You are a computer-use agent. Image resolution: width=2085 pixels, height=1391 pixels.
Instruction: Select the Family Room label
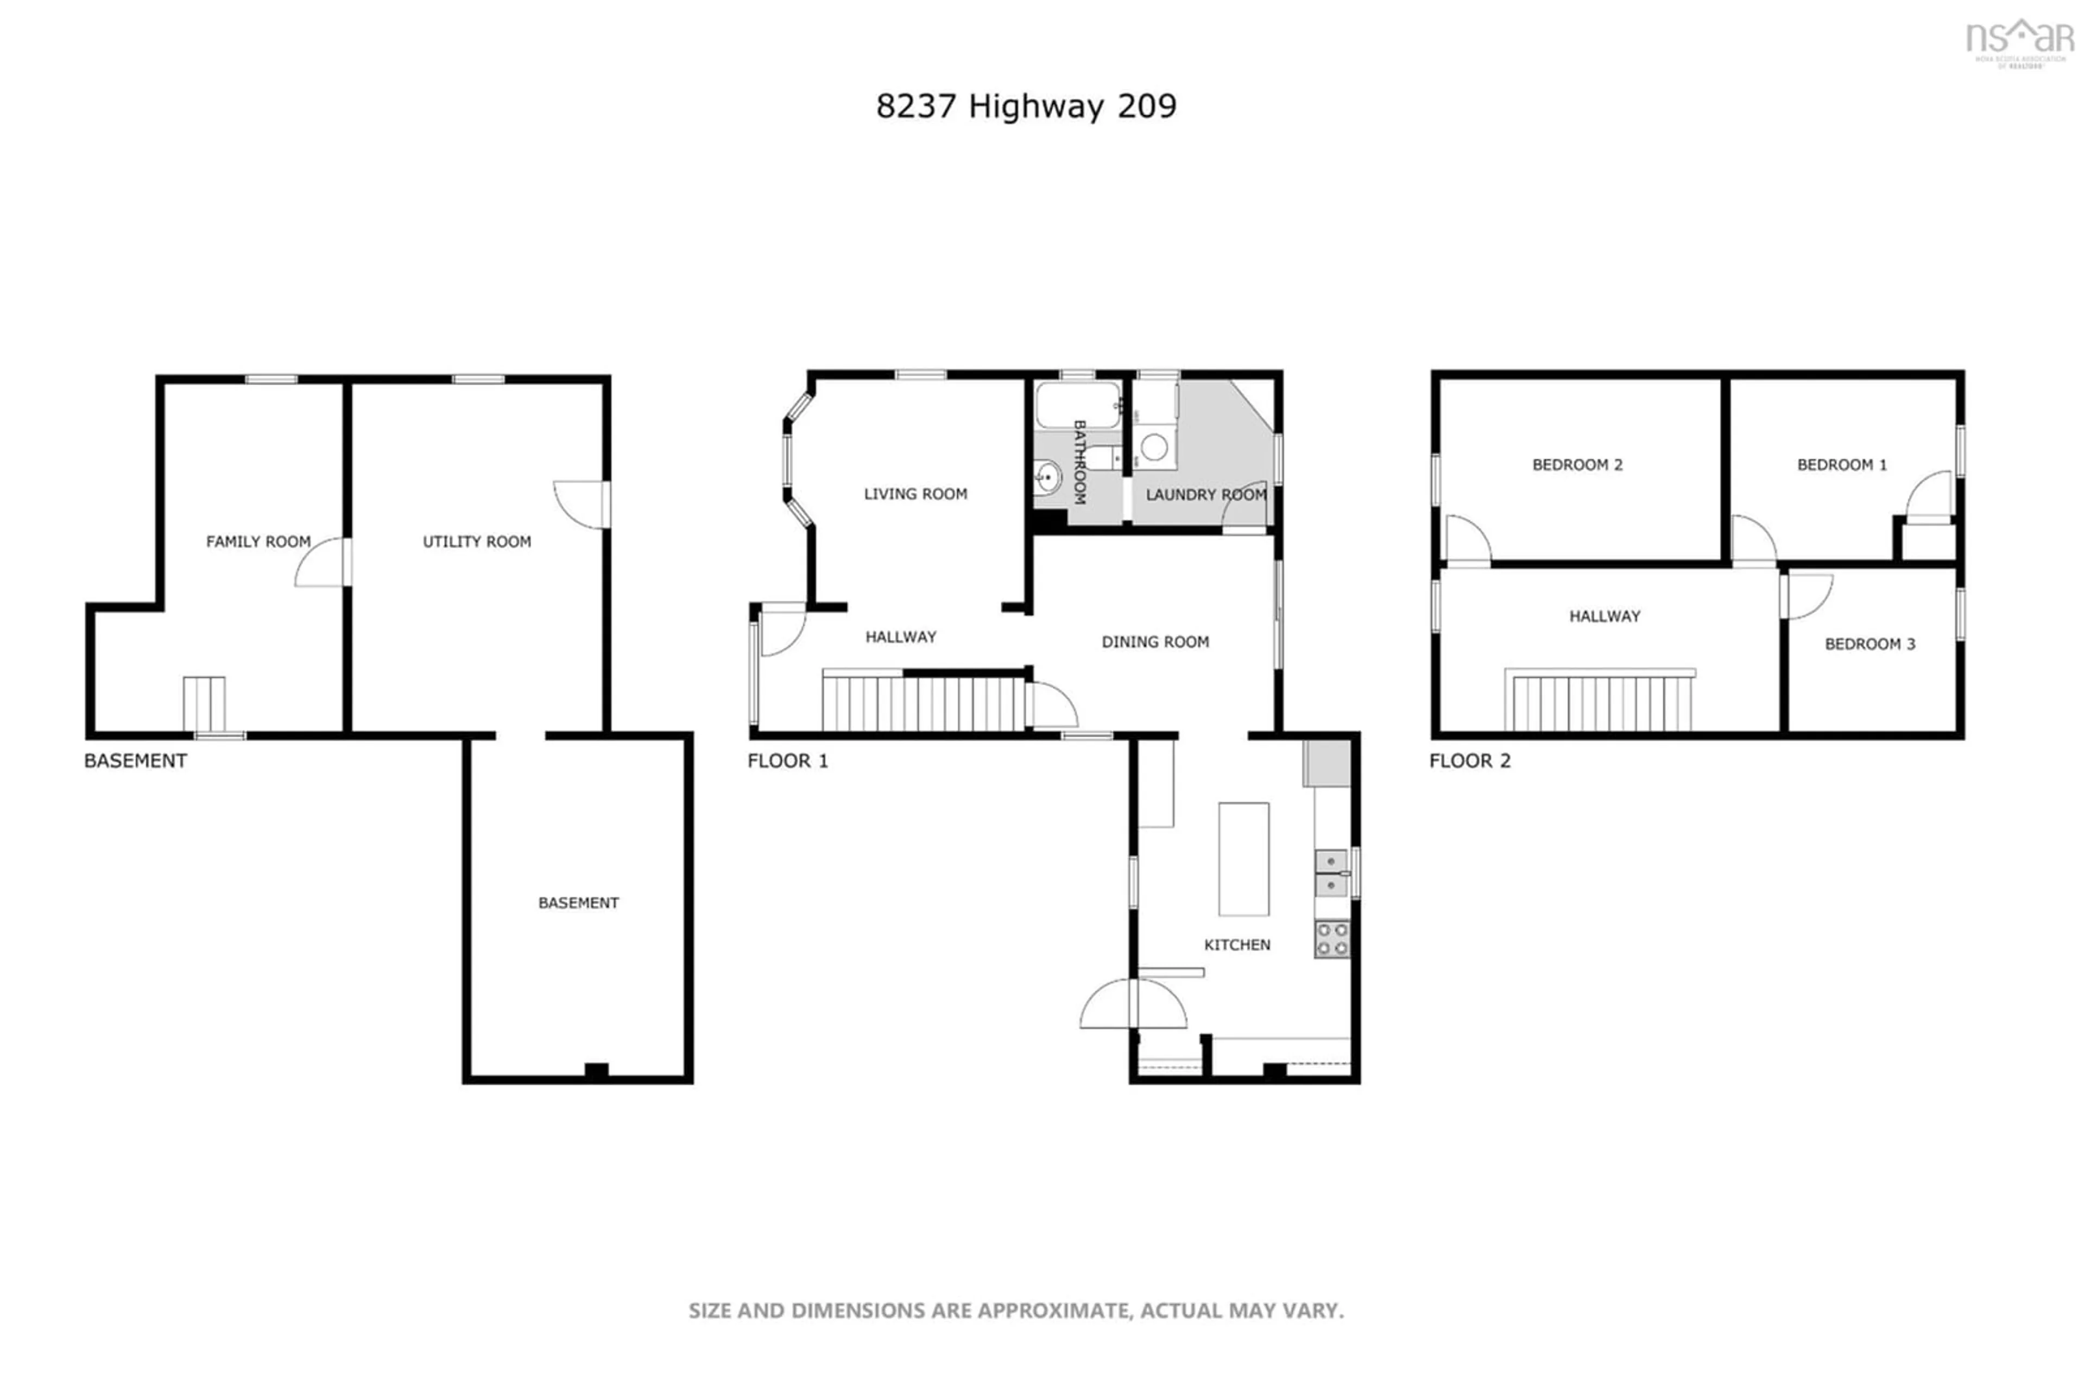pos(258,541)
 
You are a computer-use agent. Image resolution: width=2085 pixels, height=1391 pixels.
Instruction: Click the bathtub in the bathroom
pos(1077,405)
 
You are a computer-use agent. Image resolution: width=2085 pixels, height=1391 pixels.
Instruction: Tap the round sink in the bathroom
pos(1047,477)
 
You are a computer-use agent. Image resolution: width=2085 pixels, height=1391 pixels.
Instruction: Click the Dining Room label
pos(1155,641)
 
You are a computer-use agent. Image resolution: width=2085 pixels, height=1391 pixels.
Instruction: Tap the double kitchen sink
pos(1330,873)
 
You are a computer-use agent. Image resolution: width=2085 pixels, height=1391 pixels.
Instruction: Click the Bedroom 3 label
pos(1869,644)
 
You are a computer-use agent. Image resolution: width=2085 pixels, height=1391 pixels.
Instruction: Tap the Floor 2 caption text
pos(1469,760)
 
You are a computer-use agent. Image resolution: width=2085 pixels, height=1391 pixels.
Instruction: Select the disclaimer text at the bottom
pos(1016,1310)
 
